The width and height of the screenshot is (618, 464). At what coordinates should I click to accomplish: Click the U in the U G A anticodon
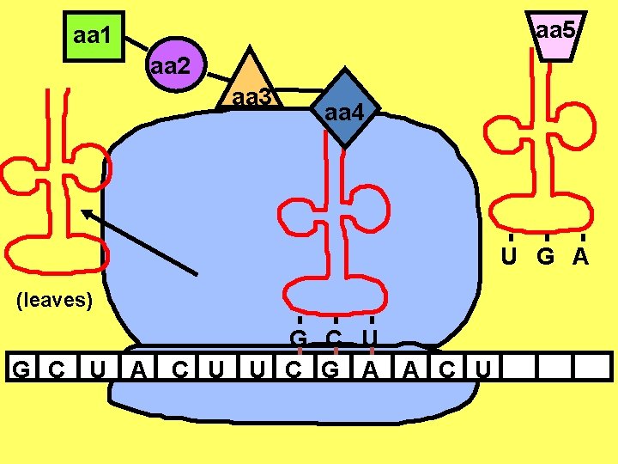(510, 256)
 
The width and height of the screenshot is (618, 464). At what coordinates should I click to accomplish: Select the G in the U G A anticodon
(547, 256)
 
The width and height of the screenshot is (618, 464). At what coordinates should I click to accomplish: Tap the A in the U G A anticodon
(582, 256)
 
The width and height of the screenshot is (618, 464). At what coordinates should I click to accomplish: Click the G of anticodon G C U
(299, 337)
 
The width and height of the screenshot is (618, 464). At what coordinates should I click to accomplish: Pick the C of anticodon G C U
(335, 337)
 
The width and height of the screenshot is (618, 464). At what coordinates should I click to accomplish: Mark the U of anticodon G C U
(371, 337)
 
